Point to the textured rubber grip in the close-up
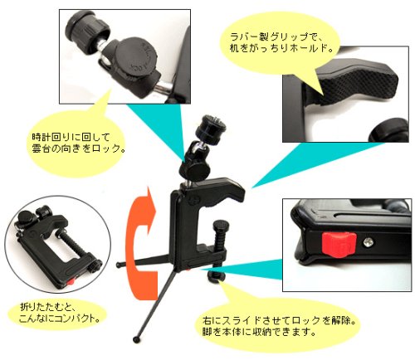tap(359, 83)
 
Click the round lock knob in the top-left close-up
tap(136, 57)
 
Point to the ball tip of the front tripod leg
tap(136, 339)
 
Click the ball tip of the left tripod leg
tap(119, 265)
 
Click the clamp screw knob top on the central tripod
tap(221, 224)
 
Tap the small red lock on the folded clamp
tap(71, 281)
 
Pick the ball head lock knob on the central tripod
tap(195, 169)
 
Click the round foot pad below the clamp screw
tap(216, 276)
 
